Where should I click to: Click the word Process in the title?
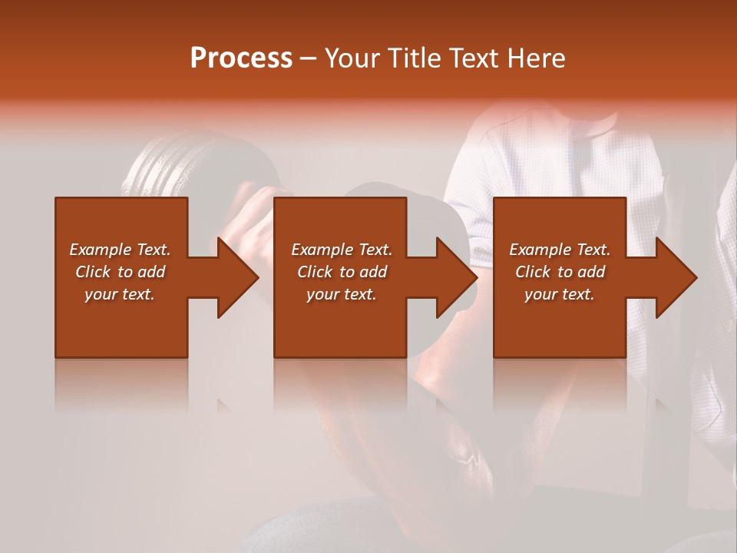[x=241, y=58]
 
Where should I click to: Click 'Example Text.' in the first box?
[x=120, y=250]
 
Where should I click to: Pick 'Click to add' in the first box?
[x=120, y=272]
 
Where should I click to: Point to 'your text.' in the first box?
[x=120, y=294]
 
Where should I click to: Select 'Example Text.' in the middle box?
[x=342, y=250]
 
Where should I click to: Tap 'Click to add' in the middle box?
[x=342, y=272]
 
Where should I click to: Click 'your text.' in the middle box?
[x=342, y=294]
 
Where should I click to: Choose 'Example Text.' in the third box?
[x=560, y=250]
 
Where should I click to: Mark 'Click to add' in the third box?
[x=560, y=272]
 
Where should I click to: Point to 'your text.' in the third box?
[x=560, y=294]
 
